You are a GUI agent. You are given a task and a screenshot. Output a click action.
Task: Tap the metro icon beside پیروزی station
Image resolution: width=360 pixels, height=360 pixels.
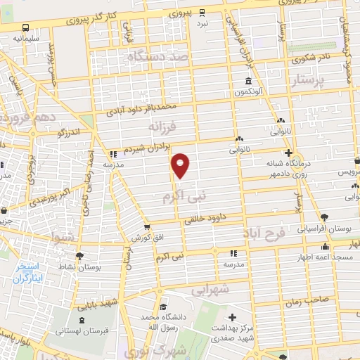202,12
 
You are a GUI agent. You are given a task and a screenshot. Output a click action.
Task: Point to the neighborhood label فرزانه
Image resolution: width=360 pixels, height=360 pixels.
165,127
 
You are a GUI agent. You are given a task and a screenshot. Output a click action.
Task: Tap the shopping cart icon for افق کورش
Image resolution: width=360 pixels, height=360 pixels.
146,227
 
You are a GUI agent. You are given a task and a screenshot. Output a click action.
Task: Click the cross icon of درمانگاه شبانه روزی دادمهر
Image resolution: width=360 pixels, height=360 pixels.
288,153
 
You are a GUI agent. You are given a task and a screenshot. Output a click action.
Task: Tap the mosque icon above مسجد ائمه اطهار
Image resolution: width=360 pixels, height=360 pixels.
325,246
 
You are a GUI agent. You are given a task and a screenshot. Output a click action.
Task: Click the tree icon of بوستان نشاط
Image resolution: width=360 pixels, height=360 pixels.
79,256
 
